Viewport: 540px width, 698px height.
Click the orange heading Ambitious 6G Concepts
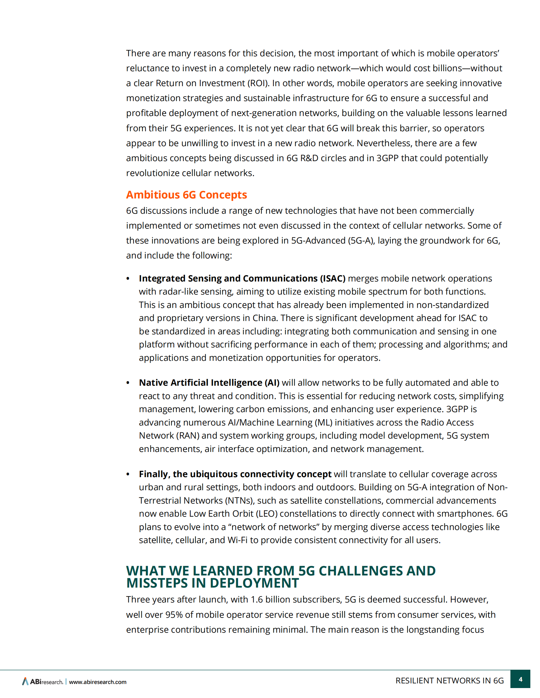(186, 195)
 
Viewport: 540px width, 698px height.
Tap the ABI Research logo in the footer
(43, 682)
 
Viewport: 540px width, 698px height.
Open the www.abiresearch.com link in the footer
(97, 682)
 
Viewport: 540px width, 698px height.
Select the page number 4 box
(520, 679)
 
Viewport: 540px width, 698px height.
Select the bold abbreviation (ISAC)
(333, 278)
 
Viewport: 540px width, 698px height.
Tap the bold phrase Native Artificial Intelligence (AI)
(209, 383)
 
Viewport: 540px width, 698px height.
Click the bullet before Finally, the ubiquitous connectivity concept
(128, 474)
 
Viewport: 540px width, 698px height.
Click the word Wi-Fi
(237, 540)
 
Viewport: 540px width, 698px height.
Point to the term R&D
(309, 158)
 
